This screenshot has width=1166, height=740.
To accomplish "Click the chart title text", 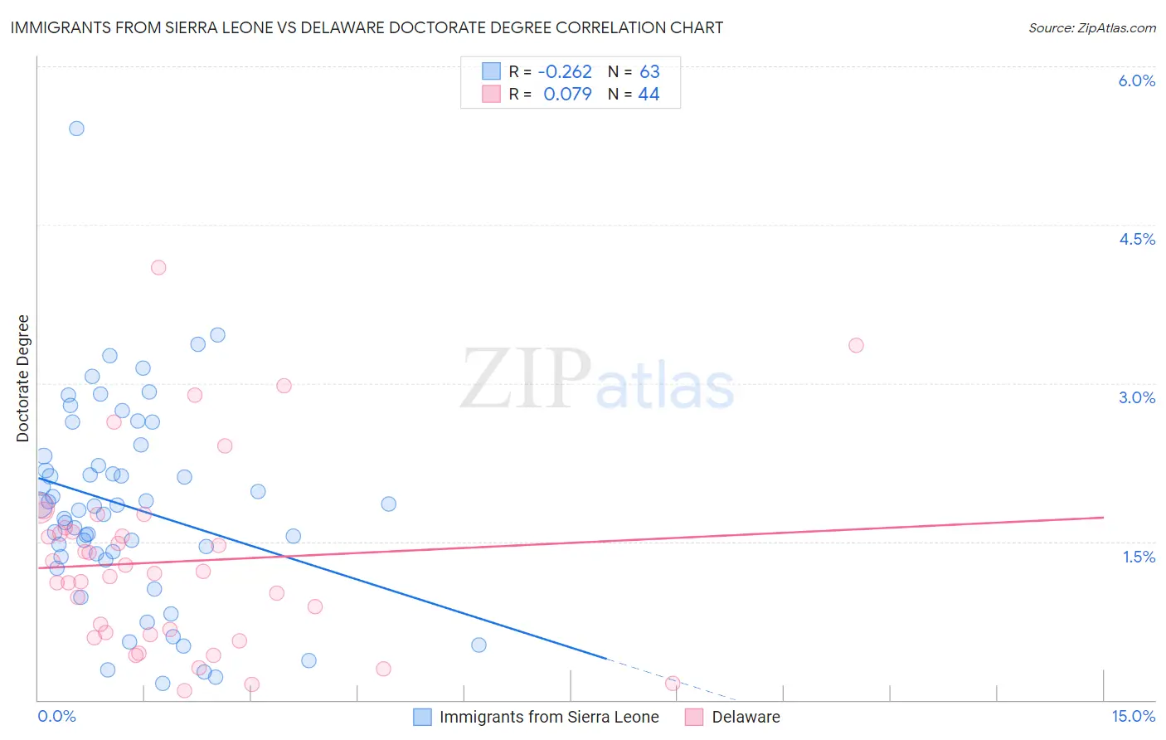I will pyautogui.click(x=367, y=27).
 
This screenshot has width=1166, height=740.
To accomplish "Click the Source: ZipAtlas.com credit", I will pyautogui.click(x=1091, y=27).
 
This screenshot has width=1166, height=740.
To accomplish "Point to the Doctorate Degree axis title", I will pyautogui.click(x=23, y=378).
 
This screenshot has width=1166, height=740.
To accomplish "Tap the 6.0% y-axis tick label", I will pyautogui.click(x=1136, y=80).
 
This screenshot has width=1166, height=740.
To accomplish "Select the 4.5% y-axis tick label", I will pyautogui.click(x=1136, y=239).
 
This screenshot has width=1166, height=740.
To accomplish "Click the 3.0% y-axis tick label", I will pyautogui.click(x=1136, y=397).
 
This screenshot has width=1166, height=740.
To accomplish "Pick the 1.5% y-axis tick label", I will pyautogui.click(x=1139, y=557).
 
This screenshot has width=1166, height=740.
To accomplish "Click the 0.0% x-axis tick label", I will pyautogui.click(x=56, y=716).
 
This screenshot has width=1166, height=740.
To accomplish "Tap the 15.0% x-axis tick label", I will pyautogui.click(x=1133, y=716).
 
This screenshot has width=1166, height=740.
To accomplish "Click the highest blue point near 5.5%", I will pyautogui.click(x=76, y=128).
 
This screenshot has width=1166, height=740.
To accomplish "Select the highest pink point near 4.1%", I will pyautogui.click(x=158, y=267).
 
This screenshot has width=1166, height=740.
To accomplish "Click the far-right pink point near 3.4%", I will pyautogui.click(x=856, y=345).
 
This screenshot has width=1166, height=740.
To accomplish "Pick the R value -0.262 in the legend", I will pyautogui.click(x=565, y=72).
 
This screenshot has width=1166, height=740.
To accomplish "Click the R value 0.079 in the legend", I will pyautogui.click(x=567, y=95).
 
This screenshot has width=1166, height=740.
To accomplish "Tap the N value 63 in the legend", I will pyautogui.click(x=649, y=72).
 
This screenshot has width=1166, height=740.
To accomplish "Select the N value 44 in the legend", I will pyautogui.click(x=649, y=95).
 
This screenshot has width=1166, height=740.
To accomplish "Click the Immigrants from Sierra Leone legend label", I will pyautogui.click(x=549, y=717).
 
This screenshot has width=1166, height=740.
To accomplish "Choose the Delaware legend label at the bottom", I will pyautogui.click(x=746, y=717).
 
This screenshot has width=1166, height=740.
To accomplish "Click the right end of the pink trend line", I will pyautogui.click(x=1103, y=517).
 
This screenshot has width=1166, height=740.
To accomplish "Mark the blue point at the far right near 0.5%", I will pyautogui.click(x=479, y=645).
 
